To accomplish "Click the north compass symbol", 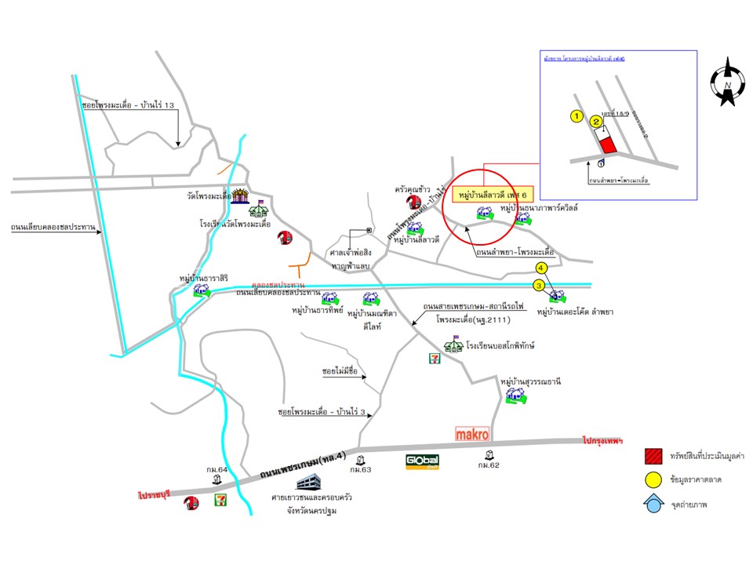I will tap(728, 82).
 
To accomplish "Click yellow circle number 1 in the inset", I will tap(577, 117).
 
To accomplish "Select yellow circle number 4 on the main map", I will tap(540, 268).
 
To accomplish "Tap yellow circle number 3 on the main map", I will tap(539, 286).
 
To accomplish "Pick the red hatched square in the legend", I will tap(652, 456).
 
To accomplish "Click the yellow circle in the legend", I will tap(652, 479).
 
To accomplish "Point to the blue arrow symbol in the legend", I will tap(652, 504).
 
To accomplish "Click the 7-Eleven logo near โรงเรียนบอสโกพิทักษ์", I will tap(433, 359).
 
